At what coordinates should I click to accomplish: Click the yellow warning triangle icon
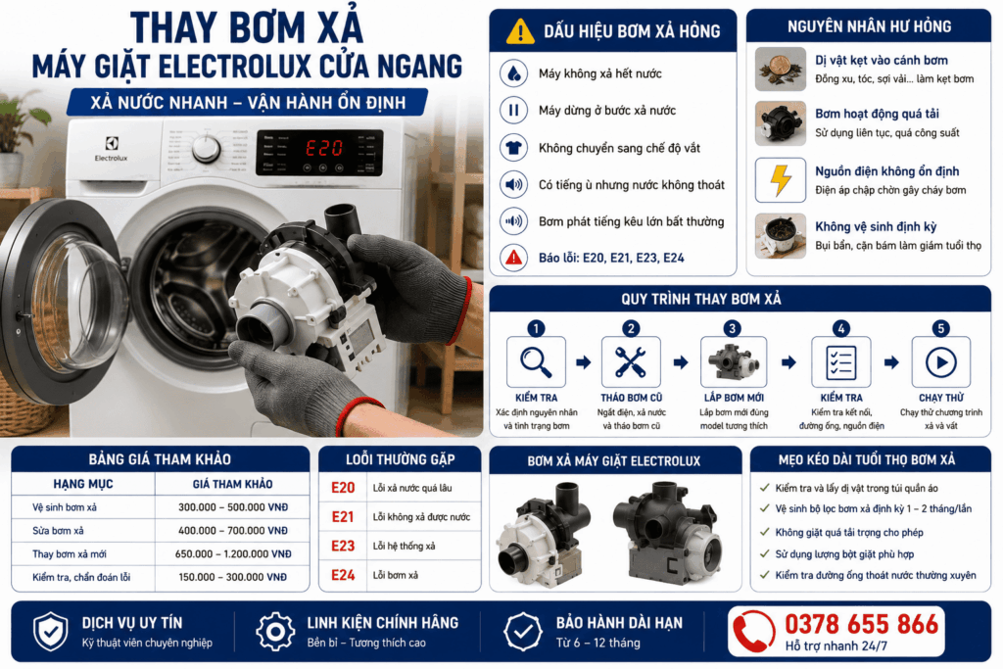(x=520, y=30)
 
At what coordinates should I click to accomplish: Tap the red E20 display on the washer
(x=324, y=148)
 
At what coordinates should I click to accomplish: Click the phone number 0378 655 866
(x=861, y=624)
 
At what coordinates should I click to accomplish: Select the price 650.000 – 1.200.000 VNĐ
(x=233, y=553)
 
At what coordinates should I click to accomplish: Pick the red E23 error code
(x=343, y=546)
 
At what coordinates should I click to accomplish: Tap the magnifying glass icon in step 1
(x=536, y=362)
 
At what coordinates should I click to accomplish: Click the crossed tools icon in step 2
(x=630, y=362)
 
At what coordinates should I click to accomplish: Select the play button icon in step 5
(x=941, y=362)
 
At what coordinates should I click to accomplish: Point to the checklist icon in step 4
(x=840, y=362)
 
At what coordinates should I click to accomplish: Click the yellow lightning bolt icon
(x=781, y=179)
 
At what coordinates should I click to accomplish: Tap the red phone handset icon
(x=753, y=631)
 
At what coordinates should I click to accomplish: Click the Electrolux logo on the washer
(x=112, y=149)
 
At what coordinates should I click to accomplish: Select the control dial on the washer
(x=206, y=148)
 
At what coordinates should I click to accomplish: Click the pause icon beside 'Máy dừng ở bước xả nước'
(x=513, y=110)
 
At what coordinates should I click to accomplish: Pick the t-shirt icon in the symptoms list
(x=513, y=148)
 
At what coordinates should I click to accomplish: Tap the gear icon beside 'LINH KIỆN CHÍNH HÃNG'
(x=275, y=631)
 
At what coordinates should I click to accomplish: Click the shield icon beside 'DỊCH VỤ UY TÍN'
(x=51, y=631)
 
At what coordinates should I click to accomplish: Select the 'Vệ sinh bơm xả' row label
(x=65, y=507)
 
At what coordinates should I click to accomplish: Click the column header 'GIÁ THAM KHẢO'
(x=233, y=484)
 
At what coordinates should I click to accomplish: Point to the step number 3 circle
(x=732, y=328)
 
